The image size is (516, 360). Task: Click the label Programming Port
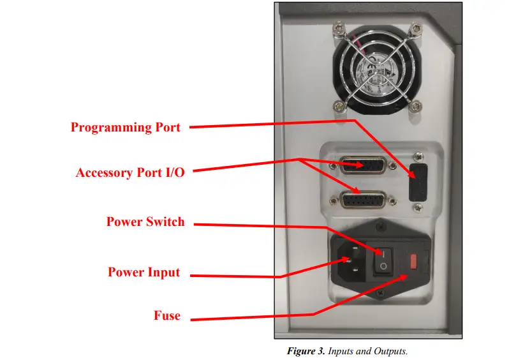click(x=126, y=127)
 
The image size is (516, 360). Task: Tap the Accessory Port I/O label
click(x=130, y=173)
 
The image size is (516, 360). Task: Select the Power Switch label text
click(x=145, y=222)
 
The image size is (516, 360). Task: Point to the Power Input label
click(x=144, y=273)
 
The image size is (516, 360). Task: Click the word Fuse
click(x=167, y=315)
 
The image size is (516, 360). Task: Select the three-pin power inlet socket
click(x=350, y=261)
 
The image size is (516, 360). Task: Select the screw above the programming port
click(x=418, y=155)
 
